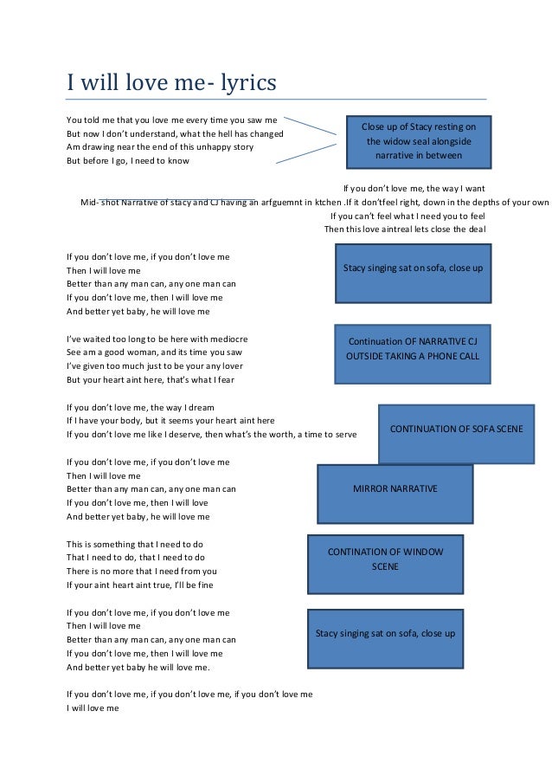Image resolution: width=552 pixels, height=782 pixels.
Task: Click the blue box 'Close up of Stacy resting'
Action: click(419, 141)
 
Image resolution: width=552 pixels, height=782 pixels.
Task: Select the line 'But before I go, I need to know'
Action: click(128, 161)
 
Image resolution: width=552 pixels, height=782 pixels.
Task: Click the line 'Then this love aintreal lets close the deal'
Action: click(404, 229)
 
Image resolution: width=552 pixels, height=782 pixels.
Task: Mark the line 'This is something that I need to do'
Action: click(135, 544)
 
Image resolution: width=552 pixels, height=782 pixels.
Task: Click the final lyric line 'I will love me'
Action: click(93, 708)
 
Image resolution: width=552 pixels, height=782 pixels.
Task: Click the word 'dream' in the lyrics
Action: click(201, 407)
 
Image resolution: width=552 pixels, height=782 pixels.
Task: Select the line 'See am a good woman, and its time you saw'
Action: click(155, 352)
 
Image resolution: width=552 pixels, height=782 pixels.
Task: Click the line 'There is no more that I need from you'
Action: click(142, 572)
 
